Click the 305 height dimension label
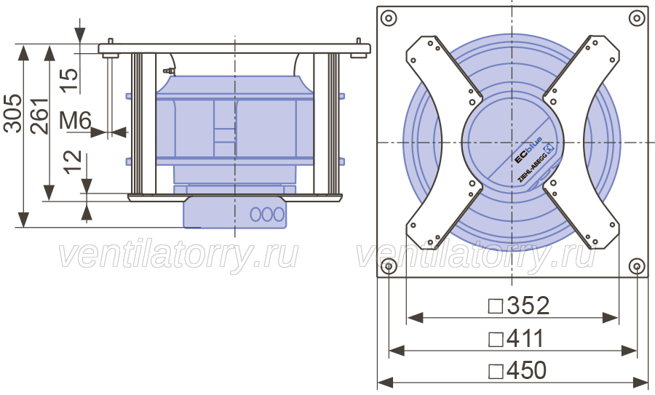[12, 113]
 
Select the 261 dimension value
[40, 116]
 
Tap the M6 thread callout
[75, 121]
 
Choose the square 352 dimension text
[519, 306]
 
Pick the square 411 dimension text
[516, 338]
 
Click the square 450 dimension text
[517, 370]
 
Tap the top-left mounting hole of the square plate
[389, 18]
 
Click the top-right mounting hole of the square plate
[637, 18]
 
